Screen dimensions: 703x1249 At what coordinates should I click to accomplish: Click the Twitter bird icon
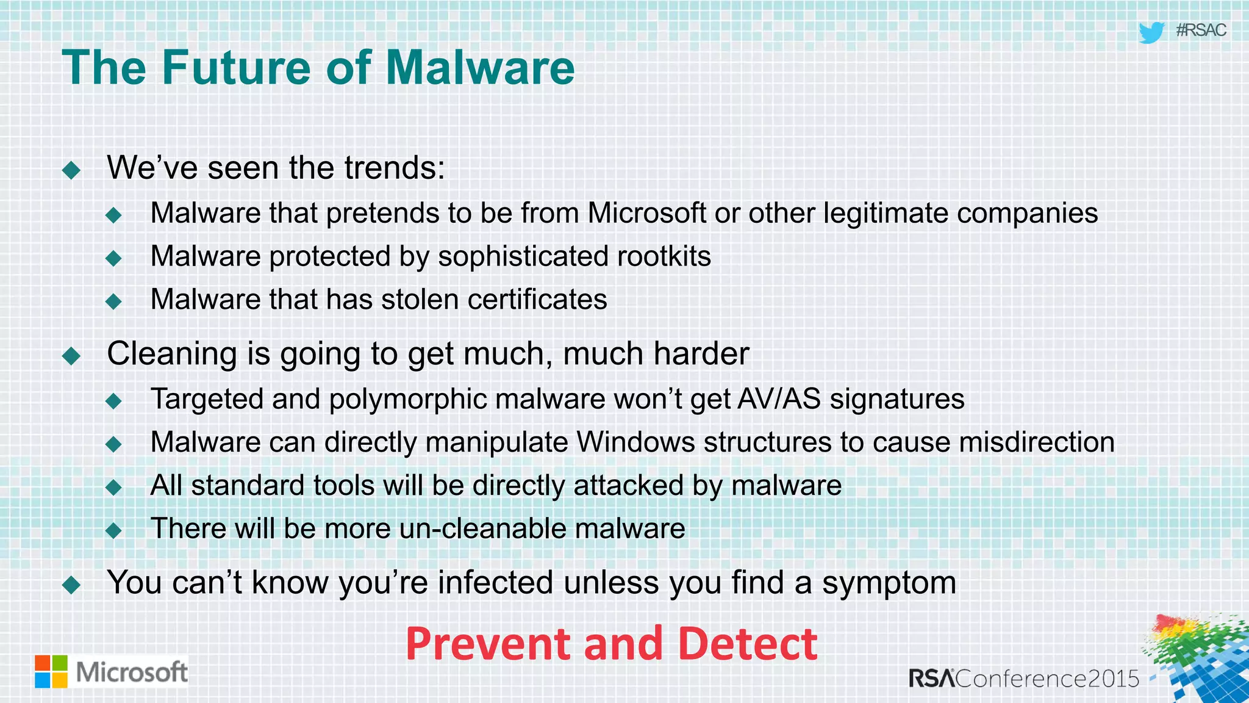1151,32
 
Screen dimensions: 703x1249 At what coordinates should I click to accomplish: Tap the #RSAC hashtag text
1200,30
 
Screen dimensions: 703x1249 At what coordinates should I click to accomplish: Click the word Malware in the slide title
481,67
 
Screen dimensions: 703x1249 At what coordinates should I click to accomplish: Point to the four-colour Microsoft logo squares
51,671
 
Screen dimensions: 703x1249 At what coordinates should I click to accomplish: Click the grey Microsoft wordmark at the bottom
131,672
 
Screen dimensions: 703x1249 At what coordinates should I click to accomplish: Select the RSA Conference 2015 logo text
1024,678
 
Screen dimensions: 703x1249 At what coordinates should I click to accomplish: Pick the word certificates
537,300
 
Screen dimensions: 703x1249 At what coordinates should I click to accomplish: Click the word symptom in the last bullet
889,583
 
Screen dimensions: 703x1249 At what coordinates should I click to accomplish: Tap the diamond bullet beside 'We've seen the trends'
71,170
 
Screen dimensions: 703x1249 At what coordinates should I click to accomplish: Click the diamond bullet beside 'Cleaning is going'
71,356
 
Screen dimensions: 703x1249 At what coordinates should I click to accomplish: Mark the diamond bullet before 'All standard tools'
113,487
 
